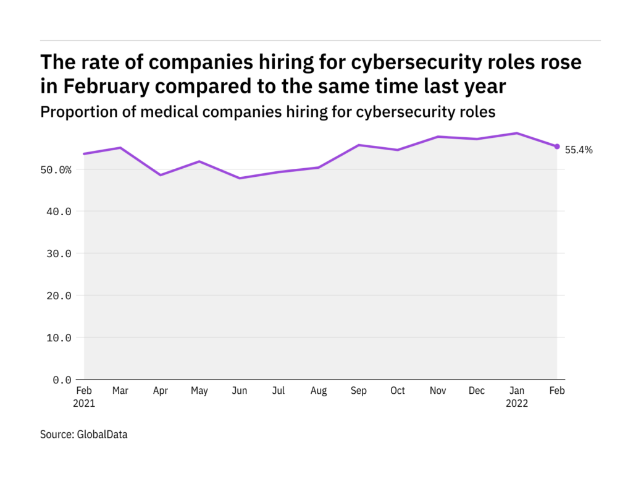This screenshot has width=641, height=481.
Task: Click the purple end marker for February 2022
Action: [557, 147]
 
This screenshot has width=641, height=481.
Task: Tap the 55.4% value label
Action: [579, 150]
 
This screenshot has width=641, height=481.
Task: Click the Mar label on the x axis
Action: [120, 391]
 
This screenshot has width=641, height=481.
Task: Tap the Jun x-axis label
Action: [239, 391]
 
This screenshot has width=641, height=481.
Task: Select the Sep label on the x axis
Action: [358, 391]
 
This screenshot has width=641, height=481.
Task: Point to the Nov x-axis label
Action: [438, 391]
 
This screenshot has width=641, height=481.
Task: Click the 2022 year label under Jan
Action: [517, 403]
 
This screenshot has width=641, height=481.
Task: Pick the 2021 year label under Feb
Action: [85, 403]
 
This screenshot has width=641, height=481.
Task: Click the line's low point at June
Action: [239, 178]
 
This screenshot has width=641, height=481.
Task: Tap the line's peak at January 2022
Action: [517, 133]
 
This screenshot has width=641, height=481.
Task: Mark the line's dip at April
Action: [160, 175]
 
